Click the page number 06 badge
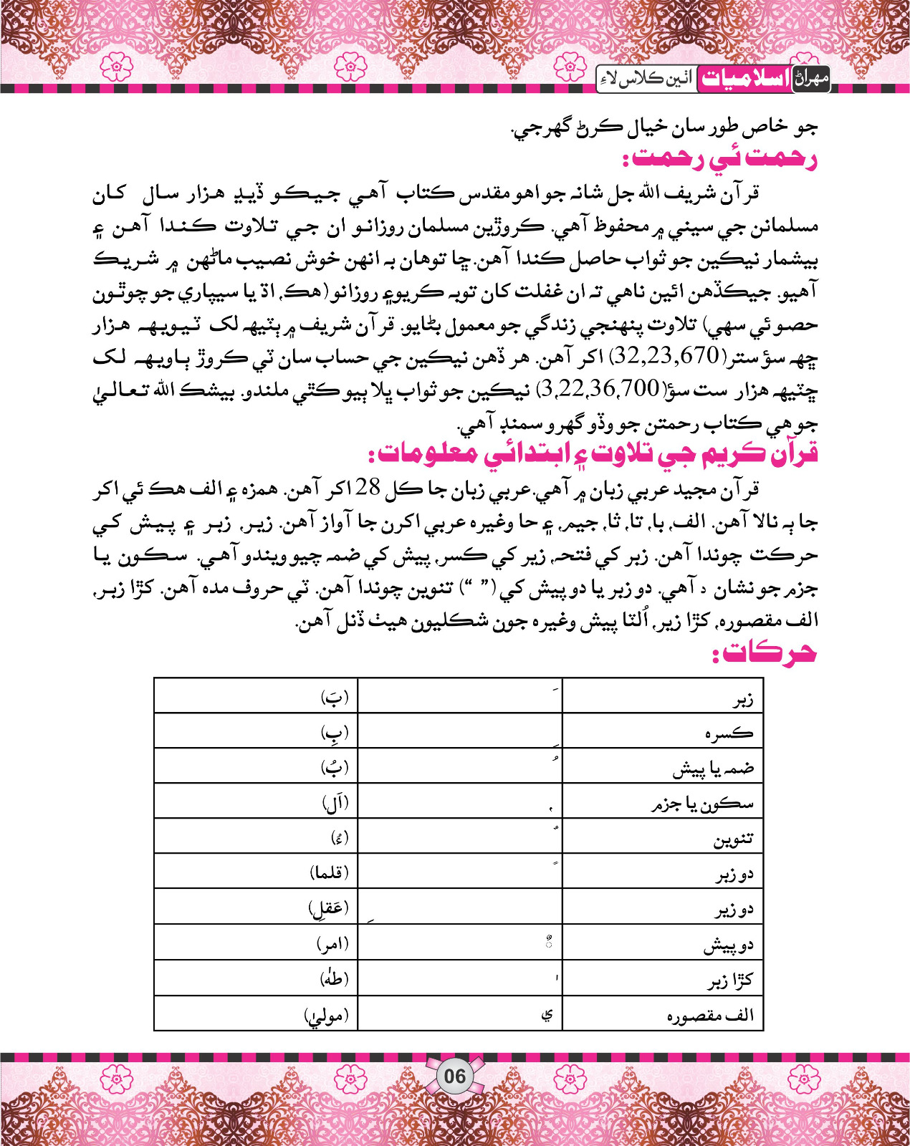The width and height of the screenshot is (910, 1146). click(x=454, y=1076)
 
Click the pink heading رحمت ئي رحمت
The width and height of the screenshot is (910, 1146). click(x=719, y=158)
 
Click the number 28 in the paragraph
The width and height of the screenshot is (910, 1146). click(x=368, y=488)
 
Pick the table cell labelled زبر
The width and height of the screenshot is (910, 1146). click(x=742, y=700)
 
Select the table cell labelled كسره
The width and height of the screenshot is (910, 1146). click(x=729, y=734)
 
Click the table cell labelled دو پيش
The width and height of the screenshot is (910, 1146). click(x=728, y=946)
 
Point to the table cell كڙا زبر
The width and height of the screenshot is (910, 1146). click(x=731, y=981)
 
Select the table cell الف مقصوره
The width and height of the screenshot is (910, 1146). click(x=710, y=1016)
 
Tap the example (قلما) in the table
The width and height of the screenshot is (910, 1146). click(x=329, y=872)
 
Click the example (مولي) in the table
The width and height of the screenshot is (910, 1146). click(x=326, y=1016)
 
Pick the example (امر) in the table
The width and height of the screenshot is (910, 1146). click(x=332, y=945)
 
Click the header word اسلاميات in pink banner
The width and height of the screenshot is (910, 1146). click(x=743, y=79)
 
